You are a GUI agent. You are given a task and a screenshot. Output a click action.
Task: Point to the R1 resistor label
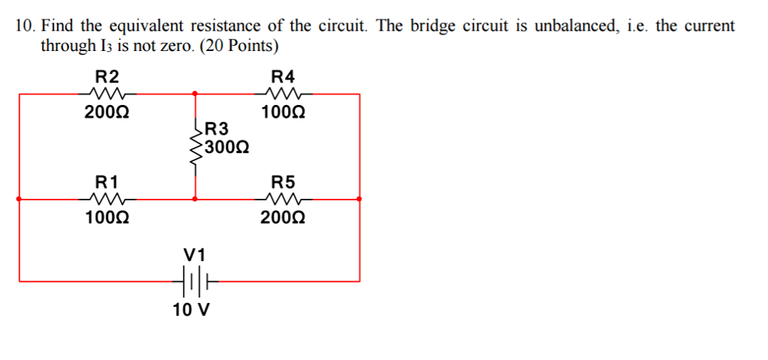coord(106,181)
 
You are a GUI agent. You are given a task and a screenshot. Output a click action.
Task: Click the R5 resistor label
coord(283,181)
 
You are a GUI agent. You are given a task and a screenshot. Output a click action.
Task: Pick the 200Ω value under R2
coord(106,113)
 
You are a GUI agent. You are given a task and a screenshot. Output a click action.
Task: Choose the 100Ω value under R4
coord(283,113)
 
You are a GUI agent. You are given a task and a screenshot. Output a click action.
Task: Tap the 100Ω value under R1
coord(106,219)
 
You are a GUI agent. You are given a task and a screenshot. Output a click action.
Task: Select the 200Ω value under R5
coord(283,219)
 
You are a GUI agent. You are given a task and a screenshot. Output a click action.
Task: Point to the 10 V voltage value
coord(191,310)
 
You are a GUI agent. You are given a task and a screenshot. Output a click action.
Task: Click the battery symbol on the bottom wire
coord(194,282)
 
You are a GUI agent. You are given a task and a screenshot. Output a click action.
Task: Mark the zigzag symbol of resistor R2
coord(106,94)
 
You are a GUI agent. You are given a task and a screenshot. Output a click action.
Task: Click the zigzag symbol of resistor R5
coord(283,199)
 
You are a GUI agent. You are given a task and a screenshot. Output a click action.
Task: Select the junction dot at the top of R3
coord(196,94)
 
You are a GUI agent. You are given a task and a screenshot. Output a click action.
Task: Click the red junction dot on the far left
coord(19,199)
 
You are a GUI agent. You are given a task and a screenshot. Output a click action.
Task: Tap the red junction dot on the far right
coord(360,199)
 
